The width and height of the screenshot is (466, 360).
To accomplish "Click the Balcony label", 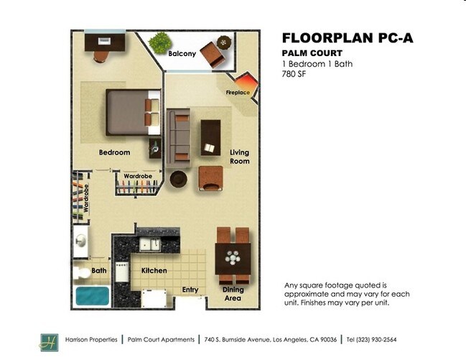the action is pos(182,54).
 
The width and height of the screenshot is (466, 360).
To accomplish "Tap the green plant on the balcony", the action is pos(160,43).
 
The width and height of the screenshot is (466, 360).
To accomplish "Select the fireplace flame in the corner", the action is pos(245,81).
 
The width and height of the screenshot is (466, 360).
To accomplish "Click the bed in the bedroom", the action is pos(133,112).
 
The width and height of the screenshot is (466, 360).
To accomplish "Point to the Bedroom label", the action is pos(114,152).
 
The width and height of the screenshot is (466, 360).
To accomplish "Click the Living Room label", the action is pos(240,157).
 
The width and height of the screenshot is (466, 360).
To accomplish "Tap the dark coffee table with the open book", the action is pos(210,137).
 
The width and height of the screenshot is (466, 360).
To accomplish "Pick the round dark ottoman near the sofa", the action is pos(178,179).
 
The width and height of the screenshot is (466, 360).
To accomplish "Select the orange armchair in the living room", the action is pos(210,178).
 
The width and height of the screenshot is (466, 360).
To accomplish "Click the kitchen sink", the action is pos(150,244).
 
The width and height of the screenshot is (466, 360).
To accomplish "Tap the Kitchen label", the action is pos(154,270).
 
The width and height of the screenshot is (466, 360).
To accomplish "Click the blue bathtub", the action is pos(92,296).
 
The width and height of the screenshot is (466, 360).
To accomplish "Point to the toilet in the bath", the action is pos(82,273).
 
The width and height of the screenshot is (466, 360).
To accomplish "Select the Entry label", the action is pos(190,290).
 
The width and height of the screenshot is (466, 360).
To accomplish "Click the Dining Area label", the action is pos(233,294).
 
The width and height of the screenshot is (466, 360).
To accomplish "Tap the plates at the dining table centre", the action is pos(233,258).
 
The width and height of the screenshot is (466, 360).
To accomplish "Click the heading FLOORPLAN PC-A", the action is pos(348,38).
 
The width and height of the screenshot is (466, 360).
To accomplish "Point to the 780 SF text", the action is pos(294,74).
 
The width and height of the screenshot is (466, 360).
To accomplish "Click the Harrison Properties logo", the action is pos(50,343).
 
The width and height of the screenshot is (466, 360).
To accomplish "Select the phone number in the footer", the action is pos(371,339).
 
